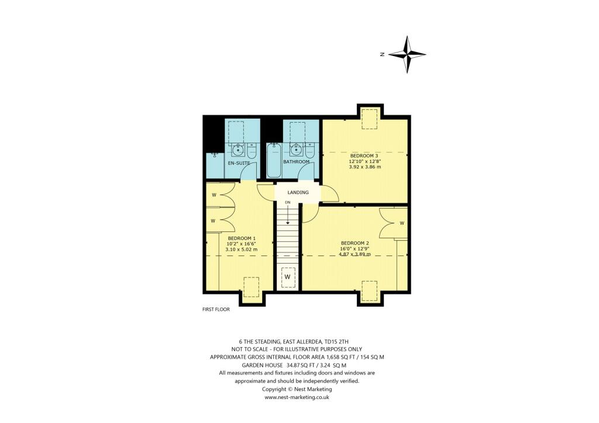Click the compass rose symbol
[x=407, y=54]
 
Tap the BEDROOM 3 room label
[x=364, y=155]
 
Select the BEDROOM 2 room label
[x=355, y=242]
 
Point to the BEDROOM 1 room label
[x=241, y=238]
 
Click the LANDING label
[x=298, y=192]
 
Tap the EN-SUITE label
[x=239, y=163]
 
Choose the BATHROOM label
[x=297, y=161]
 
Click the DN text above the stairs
[x=287, y=202]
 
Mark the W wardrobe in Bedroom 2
[x=402, y=223]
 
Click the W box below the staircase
[x=287, y=276]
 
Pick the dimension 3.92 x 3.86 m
[x=365, y=167]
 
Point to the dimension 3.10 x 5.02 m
[x=241, y=249]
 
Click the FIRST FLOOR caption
[x=212, y=310]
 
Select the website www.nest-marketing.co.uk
[x=297, y=397]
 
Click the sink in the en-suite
[x=239, y=148]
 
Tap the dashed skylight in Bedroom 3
[x=369, y=119]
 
